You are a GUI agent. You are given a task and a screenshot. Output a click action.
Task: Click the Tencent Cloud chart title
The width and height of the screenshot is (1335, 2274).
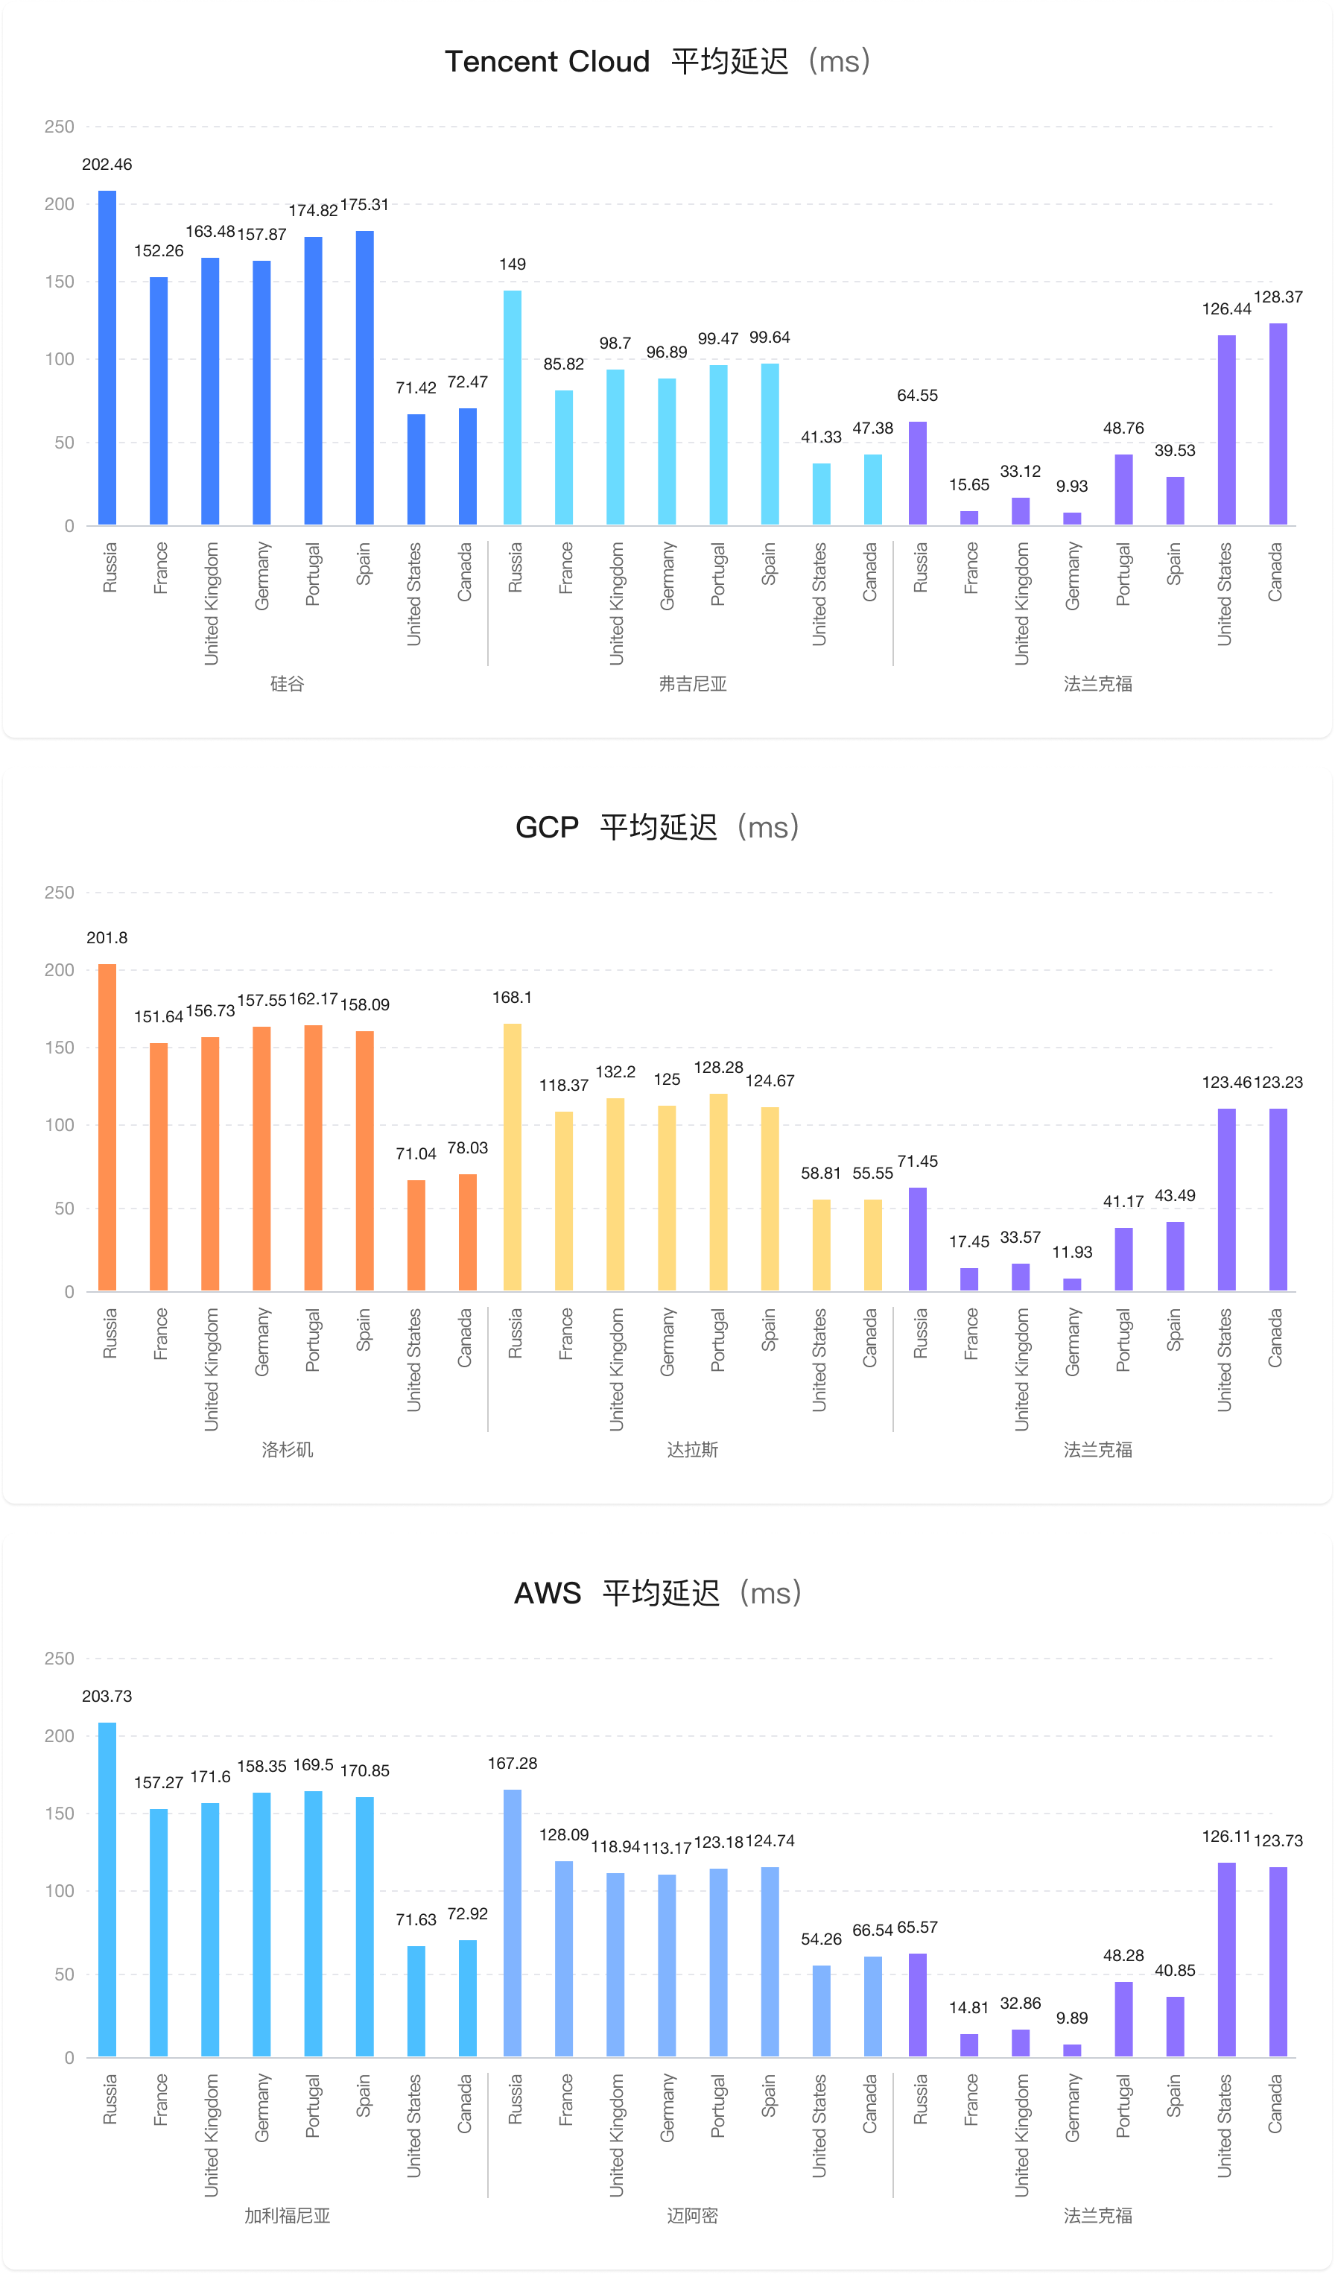[x=658, y=61]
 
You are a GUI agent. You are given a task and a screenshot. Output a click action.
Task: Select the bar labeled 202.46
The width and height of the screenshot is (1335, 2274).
[x=107, y=358]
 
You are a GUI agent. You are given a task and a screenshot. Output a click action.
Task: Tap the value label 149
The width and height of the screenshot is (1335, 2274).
[x=513, y=265]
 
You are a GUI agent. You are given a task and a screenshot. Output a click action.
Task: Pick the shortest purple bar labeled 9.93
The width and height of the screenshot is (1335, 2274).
[x=1071, y=518]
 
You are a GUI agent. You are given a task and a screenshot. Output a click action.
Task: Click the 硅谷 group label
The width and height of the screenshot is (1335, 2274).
[x=288, y=683]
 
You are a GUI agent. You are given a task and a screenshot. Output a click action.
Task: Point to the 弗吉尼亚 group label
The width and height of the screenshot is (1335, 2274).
[x=692, y=683]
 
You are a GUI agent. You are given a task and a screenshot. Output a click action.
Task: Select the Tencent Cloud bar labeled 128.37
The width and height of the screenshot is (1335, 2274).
[x=1278, y=424]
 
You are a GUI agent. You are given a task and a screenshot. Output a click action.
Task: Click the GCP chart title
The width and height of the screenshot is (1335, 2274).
[x=658, y=826]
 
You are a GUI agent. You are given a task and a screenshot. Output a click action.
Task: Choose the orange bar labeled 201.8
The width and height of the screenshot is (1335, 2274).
[x=107, y=1127]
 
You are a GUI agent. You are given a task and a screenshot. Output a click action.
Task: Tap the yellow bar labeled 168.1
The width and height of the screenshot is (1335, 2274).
[x=513, y=1157]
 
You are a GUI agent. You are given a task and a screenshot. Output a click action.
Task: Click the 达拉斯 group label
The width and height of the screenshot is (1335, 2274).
[x=692, y=1449]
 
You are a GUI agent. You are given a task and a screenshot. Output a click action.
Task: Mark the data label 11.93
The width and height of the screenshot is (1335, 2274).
[x=1071, y=1252]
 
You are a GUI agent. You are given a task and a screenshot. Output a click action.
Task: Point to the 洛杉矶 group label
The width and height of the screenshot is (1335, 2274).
[x=288, y=1449]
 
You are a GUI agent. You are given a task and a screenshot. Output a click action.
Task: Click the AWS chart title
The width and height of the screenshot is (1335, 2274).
[x=658, y=1593]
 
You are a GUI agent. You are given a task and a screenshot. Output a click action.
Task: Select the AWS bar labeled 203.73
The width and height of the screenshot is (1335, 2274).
[x=107, y=1890]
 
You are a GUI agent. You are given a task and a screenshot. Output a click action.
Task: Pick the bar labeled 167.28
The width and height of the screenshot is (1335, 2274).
[x=513, y=1923]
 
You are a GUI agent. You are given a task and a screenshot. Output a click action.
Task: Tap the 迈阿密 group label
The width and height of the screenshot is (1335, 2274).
[x=692, y=2215]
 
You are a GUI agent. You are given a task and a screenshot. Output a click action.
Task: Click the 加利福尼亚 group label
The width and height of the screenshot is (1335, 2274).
[x=288, y=2215]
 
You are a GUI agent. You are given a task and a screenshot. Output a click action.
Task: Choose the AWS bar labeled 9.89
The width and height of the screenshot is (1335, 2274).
[x=1071, y=2050]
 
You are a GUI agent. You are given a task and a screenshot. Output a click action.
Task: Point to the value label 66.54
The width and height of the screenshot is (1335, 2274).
[x=872, y=1931]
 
